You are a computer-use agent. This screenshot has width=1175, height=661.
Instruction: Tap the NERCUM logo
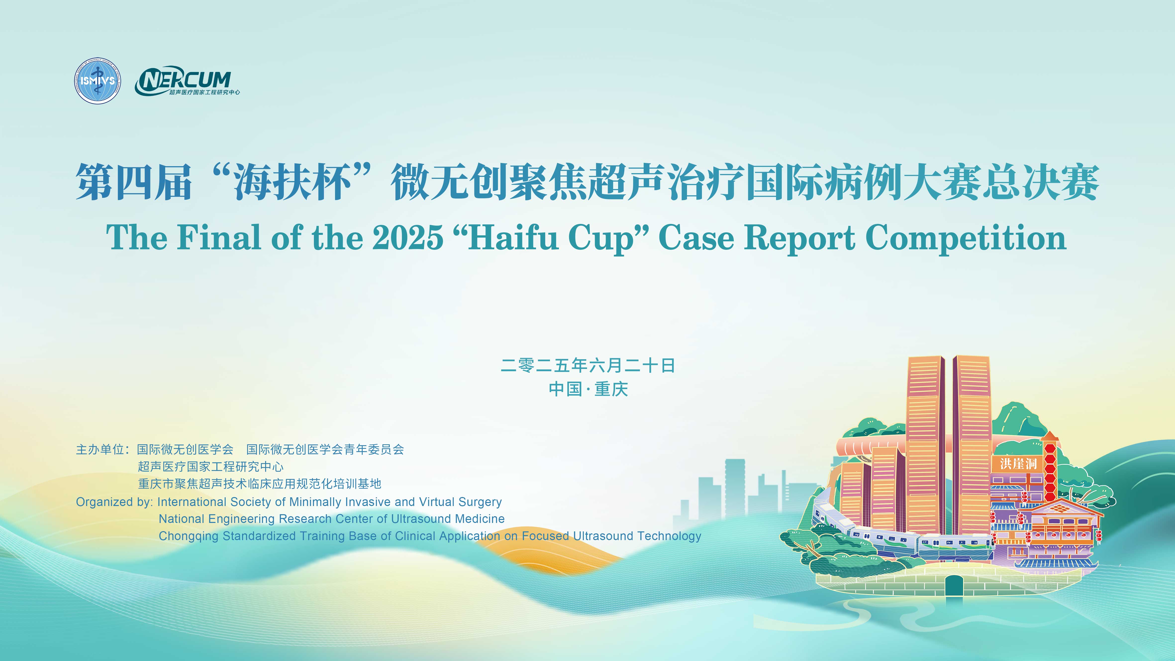[x=187, y=81]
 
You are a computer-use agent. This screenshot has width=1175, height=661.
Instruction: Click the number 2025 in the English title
[x=408, y=238]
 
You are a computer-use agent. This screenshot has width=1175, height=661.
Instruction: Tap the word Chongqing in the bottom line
[x=188, y=536]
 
